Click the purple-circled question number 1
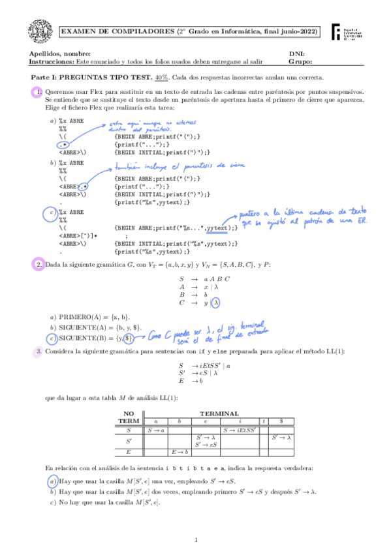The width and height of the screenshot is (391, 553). [x=37, y=93]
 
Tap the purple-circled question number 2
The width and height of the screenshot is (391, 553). [x=39, y=264]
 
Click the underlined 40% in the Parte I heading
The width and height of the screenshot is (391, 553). [x=162, y=77]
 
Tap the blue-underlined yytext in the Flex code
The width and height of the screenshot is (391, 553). [x=217, y=228]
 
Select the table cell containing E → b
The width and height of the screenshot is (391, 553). [x=180, y=451]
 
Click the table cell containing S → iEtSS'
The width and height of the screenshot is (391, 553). [x=240, y=430]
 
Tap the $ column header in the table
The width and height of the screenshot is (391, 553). [x=281, y=421]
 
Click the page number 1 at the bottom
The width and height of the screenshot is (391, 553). [x=196, y=540]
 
